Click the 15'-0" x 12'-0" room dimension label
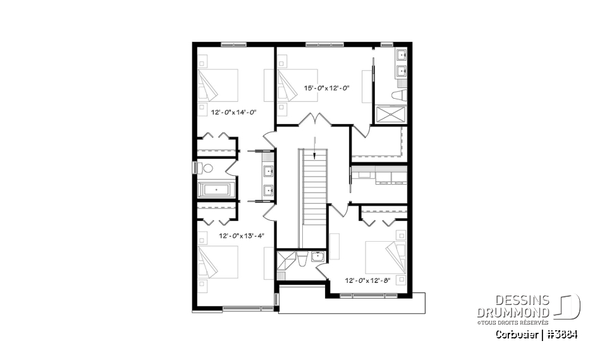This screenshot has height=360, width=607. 327,88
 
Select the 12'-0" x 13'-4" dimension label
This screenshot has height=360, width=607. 241,235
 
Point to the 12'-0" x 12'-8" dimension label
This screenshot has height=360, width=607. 368,280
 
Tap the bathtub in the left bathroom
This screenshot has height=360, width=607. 216,189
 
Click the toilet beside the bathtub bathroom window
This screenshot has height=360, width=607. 205,168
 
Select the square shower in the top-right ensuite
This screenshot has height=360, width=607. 391,115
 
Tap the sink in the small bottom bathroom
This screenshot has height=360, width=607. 317,256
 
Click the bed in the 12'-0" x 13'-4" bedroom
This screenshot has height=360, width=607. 218,262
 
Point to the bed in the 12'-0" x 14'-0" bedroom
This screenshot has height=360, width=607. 218,85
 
